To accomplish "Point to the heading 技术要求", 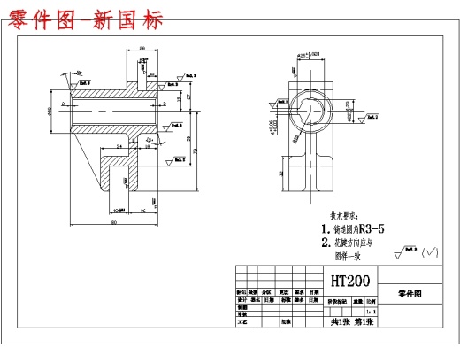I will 344,215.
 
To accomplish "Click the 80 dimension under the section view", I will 114,222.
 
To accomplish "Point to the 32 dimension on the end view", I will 282,174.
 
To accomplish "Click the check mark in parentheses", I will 432,252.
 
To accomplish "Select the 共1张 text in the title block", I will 335,322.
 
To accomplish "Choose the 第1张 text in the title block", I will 364,322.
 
